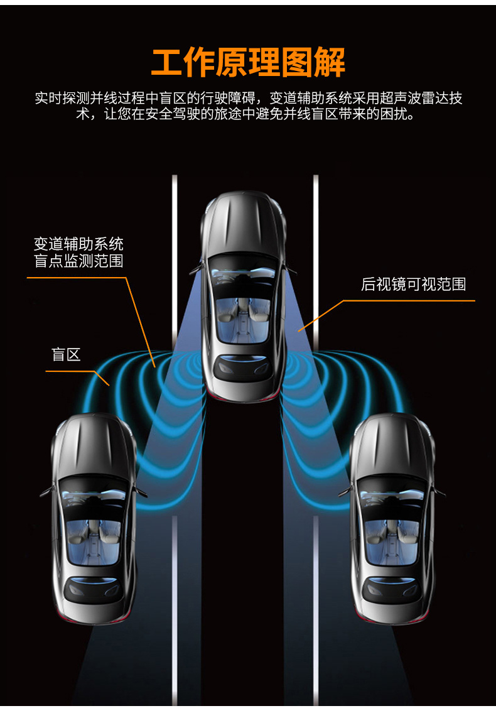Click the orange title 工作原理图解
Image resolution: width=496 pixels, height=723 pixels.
point(248,62)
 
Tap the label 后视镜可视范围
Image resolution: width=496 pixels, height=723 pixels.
point(413,285)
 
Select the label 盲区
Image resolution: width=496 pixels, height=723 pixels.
point(66,355)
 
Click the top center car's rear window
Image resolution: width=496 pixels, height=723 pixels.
point(243,367)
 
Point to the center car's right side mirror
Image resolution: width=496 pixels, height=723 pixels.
point(291,270)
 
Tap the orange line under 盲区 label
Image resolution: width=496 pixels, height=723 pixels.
point(69,371)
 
